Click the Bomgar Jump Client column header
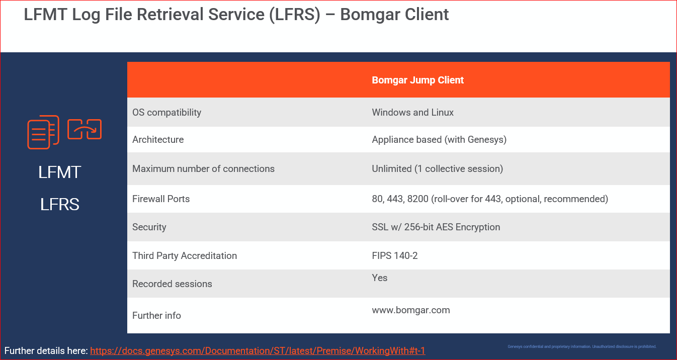tap(417, 80)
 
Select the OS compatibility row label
tap(166, 112)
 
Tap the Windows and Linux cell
tap(412, 112)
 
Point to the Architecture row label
tap(158, 139)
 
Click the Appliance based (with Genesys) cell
tap(439, 139)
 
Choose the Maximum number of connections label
tap(203, 168)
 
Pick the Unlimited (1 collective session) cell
tap(437, 168)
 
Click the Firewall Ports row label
tap(161, 199)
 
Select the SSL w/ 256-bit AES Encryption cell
tap(436, 227)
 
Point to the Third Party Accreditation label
tap(184, 255)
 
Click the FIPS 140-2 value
tap(394, 255)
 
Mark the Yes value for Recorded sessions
tap(379, 278)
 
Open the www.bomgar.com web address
tap(410, 310)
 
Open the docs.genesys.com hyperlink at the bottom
tap(258, 350)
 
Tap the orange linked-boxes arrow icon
tap(84, 129)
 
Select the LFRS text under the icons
tap(60, 205)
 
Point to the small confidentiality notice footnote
tap(582, 346)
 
